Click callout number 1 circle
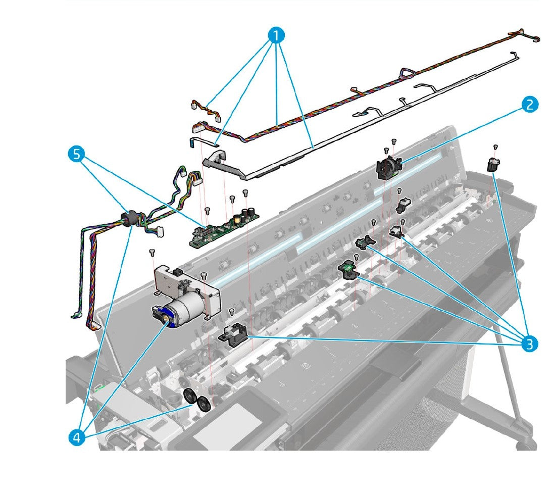(x=276, y=36)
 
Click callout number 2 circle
(x=529, y=105)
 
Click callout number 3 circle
(x=529, y=345)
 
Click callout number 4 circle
(x=77, y=437)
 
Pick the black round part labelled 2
(x=388, y=167)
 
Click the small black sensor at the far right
(x=492, y=165)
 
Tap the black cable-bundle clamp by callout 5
(x=129, y=218)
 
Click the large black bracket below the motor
(x=233, y=335)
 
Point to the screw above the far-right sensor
(x=496, y=147)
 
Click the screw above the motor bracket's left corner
(x=152, y=251)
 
